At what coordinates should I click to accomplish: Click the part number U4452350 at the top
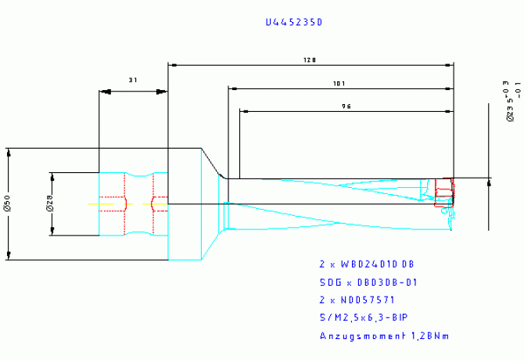tap(293, 23)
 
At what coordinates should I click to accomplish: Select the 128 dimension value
tap(310, 59)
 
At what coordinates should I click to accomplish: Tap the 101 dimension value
tap(338, 83)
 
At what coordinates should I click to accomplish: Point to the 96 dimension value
tap(345, 106)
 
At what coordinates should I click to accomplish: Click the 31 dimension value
tap(133, 80)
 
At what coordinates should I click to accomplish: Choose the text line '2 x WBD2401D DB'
tap(367, 265)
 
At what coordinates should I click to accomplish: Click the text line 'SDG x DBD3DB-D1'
tap(367, 282)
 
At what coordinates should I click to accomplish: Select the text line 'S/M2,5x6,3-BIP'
tap(362, 317)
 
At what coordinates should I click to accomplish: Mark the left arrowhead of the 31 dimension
tap(102, 92)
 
